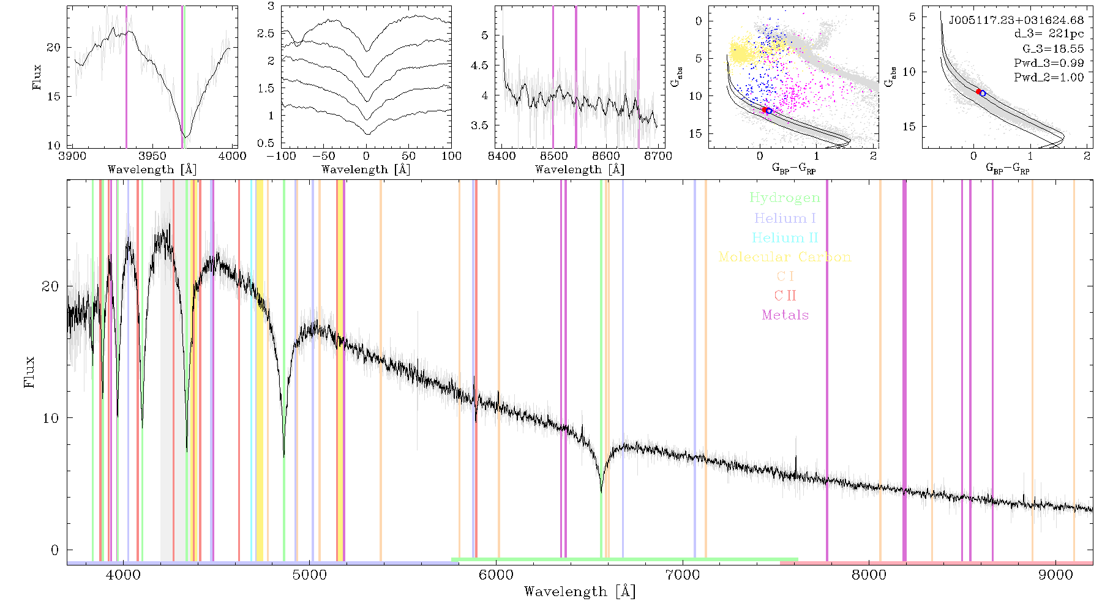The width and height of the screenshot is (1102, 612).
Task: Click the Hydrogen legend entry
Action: point(784,198)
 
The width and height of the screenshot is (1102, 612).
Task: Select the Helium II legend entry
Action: point(784,237)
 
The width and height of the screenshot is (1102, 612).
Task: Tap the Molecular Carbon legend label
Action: point(784,257)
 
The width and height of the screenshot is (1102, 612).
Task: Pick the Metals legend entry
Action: point(785,315)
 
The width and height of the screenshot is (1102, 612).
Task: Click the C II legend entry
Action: point(785,296)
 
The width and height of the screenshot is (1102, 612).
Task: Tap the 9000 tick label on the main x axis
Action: point(1055,575)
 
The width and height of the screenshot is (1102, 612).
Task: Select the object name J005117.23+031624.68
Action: point(1016,20)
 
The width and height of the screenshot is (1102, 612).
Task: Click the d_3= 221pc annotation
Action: point(1049,34)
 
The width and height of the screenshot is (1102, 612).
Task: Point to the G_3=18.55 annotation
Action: point(1053,49)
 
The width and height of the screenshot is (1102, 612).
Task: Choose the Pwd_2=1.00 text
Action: point(1049,78)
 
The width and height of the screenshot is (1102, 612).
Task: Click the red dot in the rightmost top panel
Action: point(978,91)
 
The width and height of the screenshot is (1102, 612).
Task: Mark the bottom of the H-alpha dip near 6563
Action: point(601,492)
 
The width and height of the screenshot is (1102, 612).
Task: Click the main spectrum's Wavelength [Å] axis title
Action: point(580,592)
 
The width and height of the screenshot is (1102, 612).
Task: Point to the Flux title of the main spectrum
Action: point(29,372)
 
